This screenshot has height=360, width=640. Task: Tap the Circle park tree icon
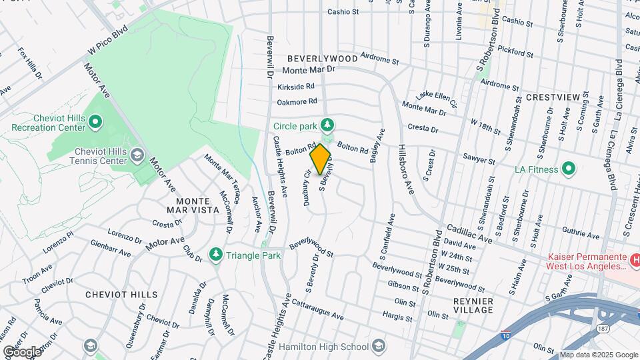pyautogui.click(x=327, y=125)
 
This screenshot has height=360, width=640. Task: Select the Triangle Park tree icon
pyautogui.click(x=215, y=255)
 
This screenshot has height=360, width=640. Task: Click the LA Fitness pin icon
pyautogui.click(x=569, y=169)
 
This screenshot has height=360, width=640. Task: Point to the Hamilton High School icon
pyautogui.click(x=379, y=347)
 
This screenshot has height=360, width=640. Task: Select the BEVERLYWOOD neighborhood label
pyautogui.click(x=323, y=59)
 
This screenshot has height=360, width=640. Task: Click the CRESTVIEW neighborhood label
pyautogui.click(x=553, y=97)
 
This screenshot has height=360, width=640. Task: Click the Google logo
pyautogui.click(x=21, y=351)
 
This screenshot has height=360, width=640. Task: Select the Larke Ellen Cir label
pyautogui.click(x=437, y=100)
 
